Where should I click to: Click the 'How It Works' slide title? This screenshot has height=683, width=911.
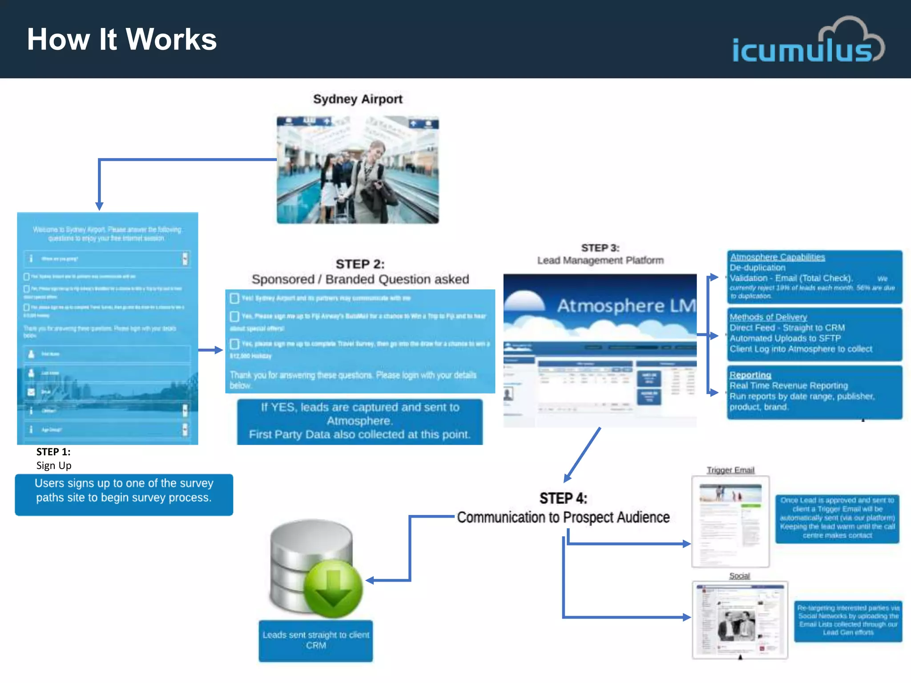tap(121, 40)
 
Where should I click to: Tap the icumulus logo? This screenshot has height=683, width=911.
tap(807, 43)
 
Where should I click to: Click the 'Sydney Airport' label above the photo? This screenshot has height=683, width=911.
tap(358, 99)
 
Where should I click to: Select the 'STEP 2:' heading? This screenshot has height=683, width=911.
tap(360, 264)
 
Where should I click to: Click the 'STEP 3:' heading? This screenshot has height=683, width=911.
tap(600, 248)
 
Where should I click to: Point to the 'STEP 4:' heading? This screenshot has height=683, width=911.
tap(563, 498)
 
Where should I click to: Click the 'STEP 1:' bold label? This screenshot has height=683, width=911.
tap(53, 452)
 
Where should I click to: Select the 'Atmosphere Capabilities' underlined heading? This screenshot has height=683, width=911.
tap(777, 257)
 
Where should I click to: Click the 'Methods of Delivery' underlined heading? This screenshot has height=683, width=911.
tap(768, 317)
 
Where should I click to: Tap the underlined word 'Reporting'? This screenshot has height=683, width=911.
tap(750, 375)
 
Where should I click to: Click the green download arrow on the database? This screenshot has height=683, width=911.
tap(333, 588)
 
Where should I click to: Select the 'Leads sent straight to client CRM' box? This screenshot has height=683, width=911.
tap(316, 640)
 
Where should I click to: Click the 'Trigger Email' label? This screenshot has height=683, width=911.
tap(730, 470)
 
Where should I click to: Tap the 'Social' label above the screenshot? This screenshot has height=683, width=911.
tap(739, 576)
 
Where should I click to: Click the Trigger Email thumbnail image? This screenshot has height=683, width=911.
tap(730, 521)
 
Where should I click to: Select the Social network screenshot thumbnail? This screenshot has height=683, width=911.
tap(740, 619)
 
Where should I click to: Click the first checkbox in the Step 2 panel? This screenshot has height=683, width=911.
tap(234, 298)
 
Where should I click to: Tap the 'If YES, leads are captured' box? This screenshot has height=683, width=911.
tap(359, 421)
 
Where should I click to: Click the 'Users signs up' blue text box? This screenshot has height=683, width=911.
tap(124, 494)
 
